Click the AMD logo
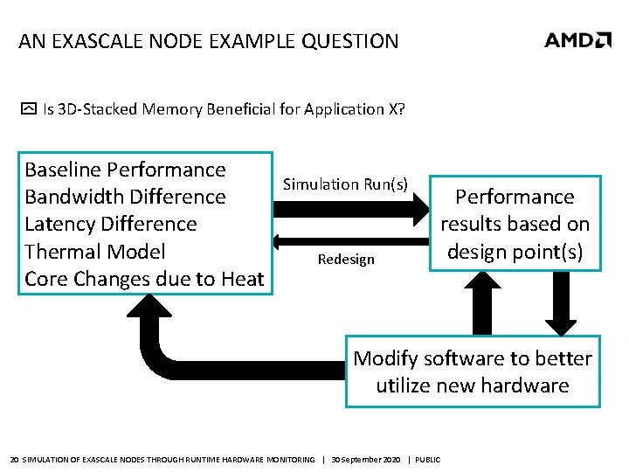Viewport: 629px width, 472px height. point(577,39)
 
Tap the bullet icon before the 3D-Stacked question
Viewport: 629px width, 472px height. point(29,110)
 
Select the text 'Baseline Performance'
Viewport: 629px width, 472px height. point(125,170)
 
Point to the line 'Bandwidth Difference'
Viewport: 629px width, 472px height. point(125,197)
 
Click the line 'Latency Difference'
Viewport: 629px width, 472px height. point(111,224)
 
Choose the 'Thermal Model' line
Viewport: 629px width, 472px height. point(94,252)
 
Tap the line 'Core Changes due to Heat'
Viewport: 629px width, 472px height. point(144,279)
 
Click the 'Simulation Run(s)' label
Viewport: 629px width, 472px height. point(345,184)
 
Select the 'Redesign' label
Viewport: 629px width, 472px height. point(346,259)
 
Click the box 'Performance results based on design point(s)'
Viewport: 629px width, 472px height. point(515,224)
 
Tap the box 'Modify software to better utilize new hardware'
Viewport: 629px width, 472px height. point(473,371)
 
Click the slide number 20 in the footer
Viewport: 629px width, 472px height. point(13,460)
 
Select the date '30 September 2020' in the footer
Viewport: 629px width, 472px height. point(366,460)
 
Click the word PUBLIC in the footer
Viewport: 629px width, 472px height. point(428,460)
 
